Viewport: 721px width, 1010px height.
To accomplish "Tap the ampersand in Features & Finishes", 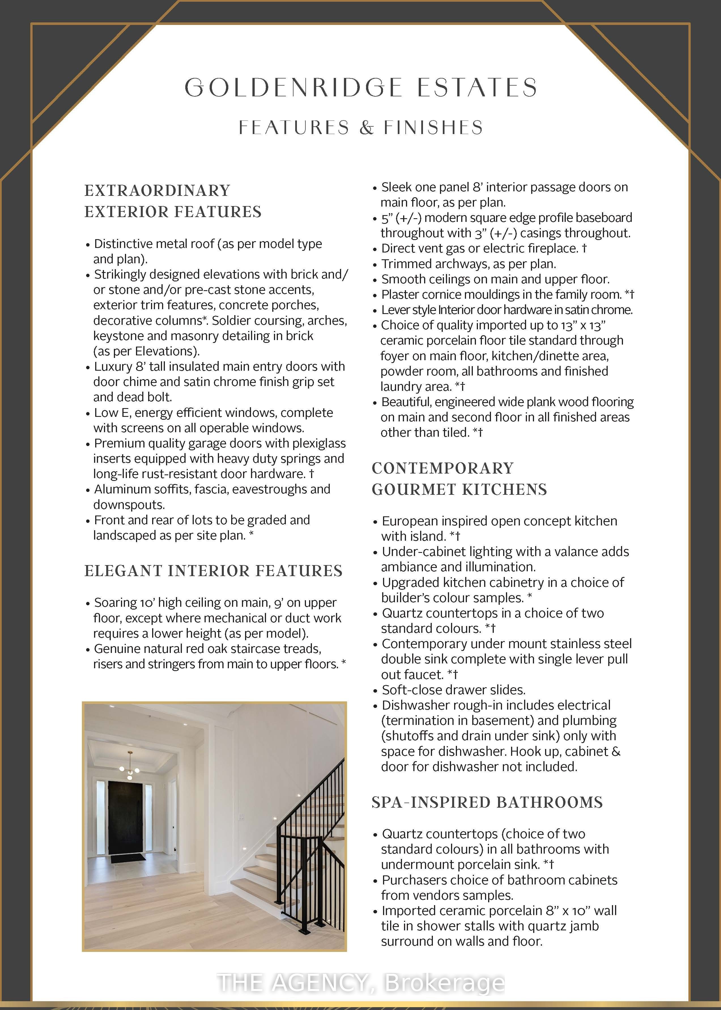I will click(x=367, y=128).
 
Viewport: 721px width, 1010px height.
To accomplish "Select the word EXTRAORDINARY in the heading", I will click(x=157, y=190).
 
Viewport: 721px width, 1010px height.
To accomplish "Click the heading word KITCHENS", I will click(x=504, y=489).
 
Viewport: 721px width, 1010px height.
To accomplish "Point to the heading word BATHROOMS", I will click(x=550, y=802).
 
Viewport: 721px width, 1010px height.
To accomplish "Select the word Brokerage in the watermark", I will click(x=444, y=983).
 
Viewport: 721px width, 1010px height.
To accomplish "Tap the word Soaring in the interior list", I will click(x=114, y=603).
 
